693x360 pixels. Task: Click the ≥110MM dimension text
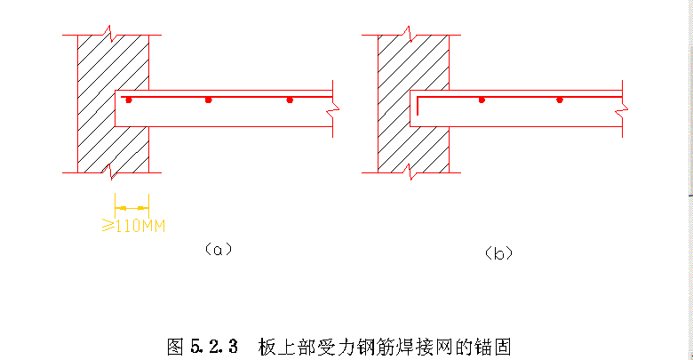point(133,223)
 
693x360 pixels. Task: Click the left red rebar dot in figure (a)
point(129,100)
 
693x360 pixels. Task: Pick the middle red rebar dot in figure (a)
point(209,100)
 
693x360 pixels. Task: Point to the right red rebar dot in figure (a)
point(290,100)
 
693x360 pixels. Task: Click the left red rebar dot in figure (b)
point(482,100)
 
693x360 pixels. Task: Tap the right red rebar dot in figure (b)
point(560,100)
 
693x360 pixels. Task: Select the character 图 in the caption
point(175,345)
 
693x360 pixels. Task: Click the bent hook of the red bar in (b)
point(419,105)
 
